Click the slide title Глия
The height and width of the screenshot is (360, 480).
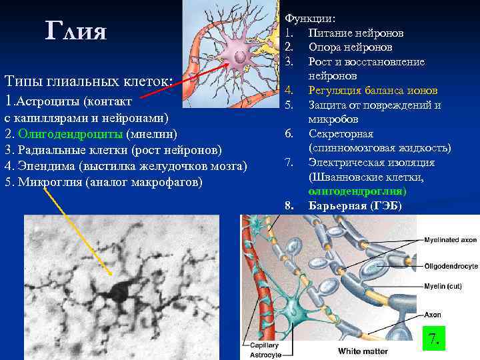[76, 31]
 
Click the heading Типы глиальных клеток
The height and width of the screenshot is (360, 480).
[89, 81]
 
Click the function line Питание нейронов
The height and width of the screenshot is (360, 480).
[355, 33]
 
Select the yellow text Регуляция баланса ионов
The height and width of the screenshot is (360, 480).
[373, 91]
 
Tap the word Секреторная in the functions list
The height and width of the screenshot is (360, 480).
[339, 134]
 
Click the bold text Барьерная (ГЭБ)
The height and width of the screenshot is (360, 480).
[355, 206]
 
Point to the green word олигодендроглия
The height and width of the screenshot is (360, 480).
[357, 191]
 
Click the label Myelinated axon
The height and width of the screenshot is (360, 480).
[451, 239]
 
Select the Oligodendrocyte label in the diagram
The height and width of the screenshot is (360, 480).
[451, 266]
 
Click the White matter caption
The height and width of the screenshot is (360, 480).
[363, 351]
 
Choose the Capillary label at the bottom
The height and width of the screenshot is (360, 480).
[264, 345]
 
